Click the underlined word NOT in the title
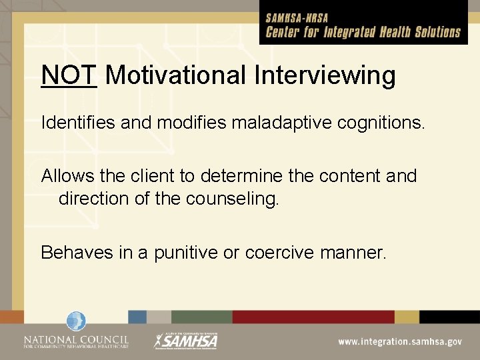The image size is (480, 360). (69, 75)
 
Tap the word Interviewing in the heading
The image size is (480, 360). (325, 75)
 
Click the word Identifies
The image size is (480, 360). (73, 123)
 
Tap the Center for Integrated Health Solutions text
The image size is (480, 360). (363, 32)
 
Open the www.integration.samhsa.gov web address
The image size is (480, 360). (399, 341)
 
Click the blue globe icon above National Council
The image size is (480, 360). (76, 321)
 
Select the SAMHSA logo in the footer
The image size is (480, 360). (186, 341)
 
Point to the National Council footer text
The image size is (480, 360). (76, 341)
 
